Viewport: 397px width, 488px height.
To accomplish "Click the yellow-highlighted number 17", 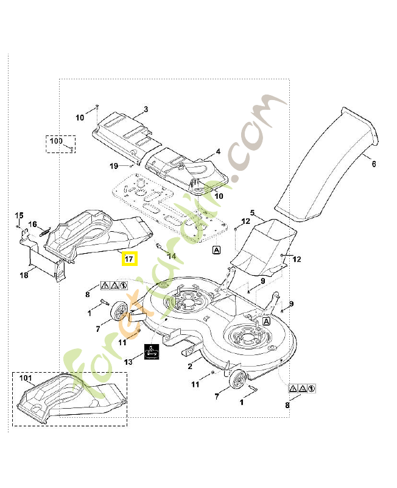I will tap(129, 259).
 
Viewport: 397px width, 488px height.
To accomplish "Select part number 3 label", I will tap(146, 110).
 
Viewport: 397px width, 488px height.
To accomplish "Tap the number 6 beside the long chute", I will tap(373, 163).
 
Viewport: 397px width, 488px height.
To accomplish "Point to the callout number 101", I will tap(26, 378).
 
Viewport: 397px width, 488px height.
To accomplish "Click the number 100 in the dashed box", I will tap(55, 142).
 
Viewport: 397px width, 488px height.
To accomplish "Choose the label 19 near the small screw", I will tap(114, 167).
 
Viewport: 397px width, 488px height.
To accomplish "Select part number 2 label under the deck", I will tap(190, 366).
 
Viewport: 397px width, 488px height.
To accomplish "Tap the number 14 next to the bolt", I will tap(172, 256).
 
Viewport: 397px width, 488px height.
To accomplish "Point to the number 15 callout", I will tap(19, 215).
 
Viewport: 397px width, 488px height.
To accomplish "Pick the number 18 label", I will tap(24, 276).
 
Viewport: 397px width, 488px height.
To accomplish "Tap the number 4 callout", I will tap(218, 152).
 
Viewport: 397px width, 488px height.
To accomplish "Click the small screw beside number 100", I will tap(71, 148).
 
